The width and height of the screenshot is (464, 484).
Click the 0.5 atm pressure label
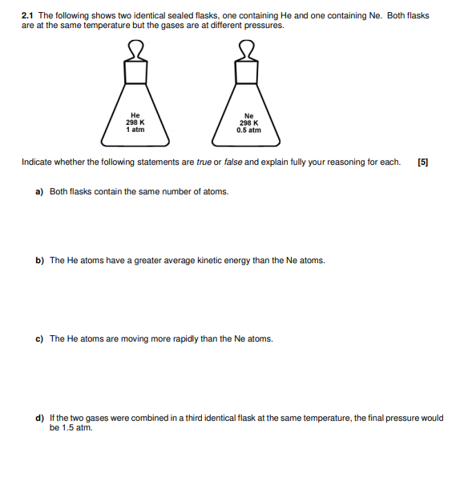[x=248, y=130]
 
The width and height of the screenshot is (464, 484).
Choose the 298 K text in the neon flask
[x=248, y=123]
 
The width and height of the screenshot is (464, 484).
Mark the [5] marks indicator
[x=423, y=162]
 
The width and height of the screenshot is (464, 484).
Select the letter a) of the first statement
[x=39, y=192]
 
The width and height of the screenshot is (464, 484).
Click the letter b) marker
[x=39, y=260]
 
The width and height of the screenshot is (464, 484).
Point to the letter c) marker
[x=39, y=338]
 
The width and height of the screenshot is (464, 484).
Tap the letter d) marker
[x=39, y=418]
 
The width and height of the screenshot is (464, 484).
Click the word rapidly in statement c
[x=181, y=338]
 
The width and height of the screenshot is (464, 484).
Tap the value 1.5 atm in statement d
[x=76, y=427]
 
